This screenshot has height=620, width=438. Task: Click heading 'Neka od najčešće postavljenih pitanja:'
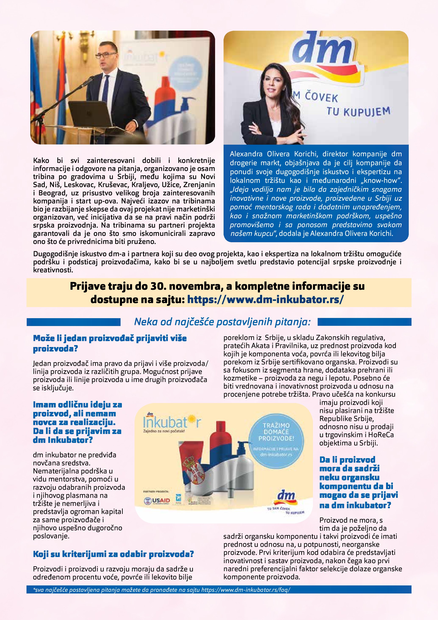tap(222, 322)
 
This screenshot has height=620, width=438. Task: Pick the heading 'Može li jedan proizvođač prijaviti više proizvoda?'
tap(110, 343)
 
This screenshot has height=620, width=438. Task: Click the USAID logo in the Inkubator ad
tap(157, 501)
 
